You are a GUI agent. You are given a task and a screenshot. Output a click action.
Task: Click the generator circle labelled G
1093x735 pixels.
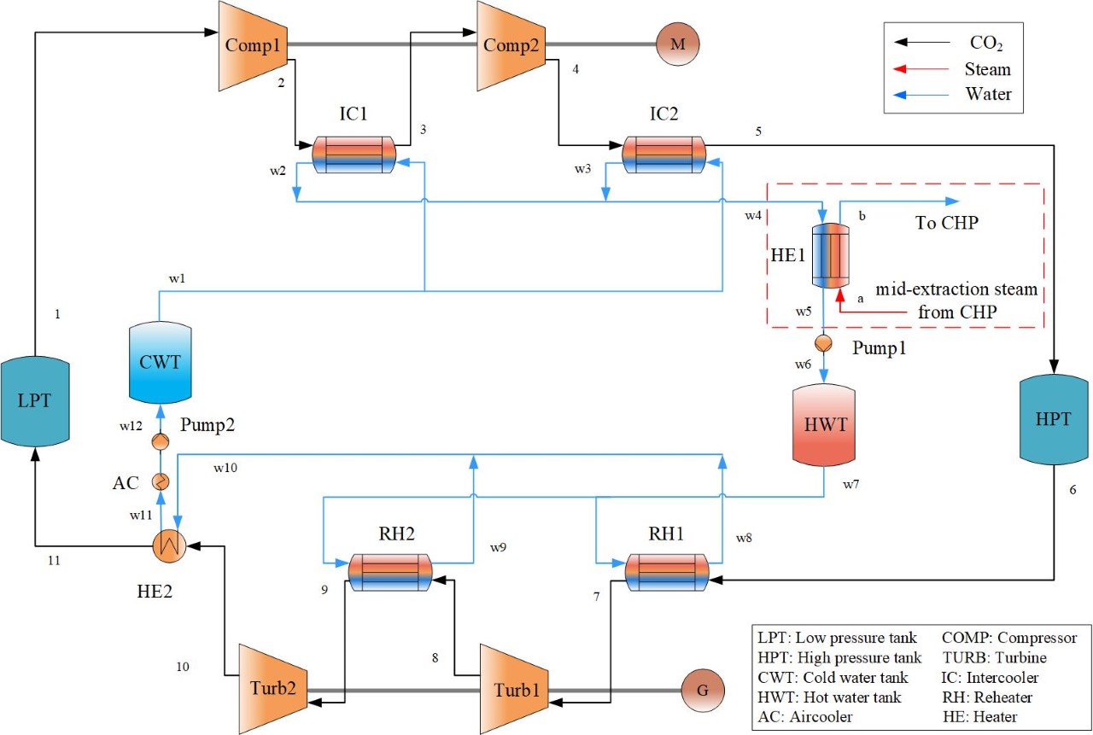(x=702, y=688)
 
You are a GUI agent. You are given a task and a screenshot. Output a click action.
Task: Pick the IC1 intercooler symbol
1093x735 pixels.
(x=351, y=155)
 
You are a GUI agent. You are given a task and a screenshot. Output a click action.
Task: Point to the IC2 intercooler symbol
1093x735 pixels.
(x=663, y=155)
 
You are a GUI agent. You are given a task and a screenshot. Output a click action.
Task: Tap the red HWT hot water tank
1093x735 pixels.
(x=824, y=424)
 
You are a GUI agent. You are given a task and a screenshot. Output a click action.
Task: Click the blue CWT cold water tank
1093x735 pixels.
(x=160, y=362)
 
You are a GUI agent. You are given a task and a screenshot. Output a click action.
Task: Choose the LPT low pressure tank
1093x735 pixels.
(x=34, y=401)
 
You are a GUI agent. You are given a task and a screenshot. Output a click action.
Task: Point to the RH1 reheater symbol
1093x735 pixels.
(x=667, y=573)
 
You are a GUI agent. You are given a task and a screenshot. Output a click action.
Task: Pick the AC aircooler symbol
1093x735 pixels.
(x=160, y=481)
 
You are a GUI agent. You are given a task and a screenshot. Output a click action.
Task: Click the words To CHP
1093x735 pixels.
(x=946, y=224)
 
